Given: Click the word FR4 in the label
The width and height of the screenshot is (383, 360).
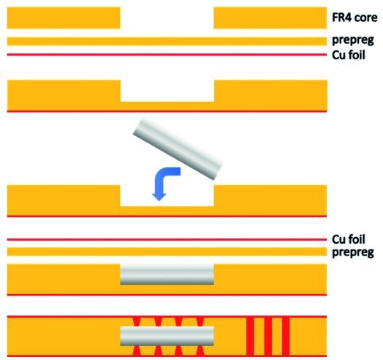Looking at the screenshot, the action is coord(341,18).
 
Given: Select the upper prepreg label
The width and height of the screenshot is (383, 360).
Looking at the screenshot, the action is coord(353,40).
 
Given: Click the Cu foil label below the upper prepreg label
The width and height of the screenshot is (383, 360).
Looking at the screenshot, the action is coord(349,55).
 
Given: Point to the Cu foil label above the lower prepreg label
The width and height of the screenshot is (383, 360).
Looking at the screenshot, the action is coord(349,239).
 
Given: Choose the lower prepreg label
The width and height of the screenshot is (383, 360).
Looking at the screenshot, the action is coord(353,252).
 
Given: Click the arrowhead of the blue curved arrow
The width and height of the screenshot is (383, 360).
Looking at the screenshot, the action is coord(159,197).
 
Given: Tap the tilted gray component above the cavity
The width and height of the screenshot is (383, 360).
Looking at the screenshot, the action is coord(178,149).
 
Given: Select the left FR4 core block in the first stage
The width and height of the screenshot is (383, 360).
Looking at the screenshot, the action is coord(64,18).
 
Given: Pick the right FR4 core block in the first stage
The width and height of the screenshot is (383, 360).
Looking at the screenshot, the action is coord(270,18).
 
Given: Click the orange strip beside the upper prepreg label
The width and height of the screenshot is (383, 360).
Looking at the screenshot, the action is coord(167,41).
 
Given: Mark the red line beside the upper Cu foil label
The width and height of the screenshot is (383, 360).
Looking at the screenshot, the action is coord(167,55).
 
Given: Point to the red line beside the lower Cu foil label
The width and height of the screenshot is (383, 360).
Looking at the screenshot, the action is coord(167,239).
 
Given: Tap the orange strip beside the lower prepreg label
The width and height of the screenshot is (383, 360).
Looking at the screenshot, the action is coord(167,252).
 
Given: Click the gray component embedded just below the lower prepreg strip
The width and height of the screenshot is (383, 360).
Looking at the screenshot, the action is coord(167,274).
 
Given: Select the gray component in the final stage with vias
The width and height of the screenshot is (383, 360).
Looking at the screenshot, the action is coord(167,336).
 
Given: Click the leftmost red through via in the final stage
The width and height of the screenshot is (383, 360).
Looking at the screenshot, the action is coord(250,336).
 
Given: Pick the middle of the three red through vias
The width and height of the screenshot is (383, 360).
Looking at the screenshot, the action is coord(268,336).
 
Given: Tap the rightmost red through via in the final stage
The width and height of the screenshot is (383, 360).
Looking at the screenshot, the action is coord(286,336).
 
